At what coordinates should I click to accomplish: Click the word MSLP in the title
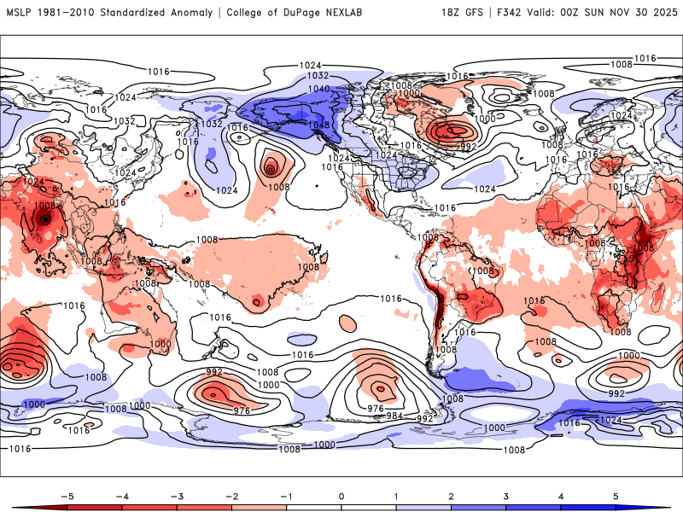(20, 13)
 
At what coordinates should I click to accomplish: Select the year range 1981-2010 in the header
(67, 13)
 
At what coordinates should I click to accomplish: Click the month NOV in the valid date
(624, 13)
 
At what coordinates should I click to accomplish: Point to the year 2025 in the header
(663, 13)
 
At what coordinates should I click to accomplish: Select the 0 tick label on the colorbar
(341, 495)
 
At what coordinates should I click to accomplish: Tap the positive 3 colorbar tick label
(505, 495)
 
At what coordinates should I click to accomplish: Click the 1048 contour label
(318, 125)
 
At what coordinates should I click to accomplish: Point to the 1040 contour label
(318, 89)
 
